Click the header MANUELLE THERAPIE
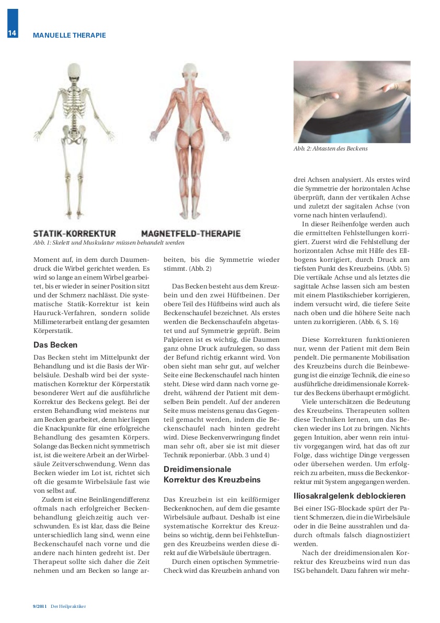click(x=69, y=36)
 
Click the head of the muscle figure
click(x=189, y=72)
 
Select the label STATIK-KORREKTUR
click(x=74, y=234)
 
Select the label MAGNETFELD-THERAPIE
click(x=191, y=234)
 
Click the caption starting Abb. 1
click(x=108, y=243)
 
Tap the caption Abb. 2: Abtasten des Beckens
click(x=330, y=148)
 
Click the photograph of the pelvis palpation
click(x=352, y=102)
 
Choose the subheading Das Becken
click(x=55, y=345)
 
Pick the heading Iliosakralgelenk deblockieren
click(x=350, y=495)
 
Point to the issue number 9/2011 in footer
click(x=40, y=606)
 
